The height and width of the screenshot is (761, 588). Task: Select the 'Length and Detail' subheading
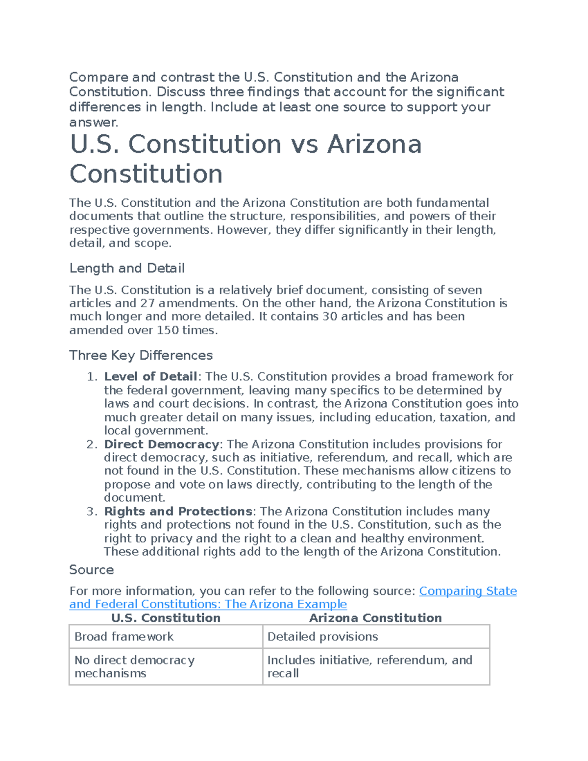tap(127, 268)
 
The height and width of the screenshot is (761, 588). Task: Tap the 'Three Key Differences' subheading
tap(141, 355)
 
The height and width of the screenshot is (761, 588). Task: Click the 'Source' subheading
tap(91, 569)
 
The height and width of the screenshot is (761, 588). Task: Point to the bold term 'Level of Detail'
tap(150, 377)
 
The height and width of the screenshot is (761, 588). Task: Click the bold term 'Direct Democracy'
tap(161, 444)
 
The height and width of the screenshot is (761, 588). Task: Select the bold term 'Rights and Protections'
tap(178, 512)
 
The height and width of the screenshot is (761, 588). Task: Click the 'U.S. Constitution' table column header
tap(166, 618)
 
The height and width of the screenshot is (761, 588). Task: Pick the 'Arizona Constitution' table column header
tap(375, 618)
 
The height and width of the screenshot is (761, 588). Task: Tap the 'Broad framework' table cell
tap(124, 637)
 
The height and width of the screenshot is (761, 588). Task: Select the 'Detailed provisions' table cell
tap(322, 637)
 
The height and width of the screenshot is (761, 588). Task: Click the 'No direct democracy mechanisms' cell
tap(134, 666)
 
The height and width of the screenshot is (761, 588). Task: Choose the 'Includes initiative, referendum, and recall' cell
tap(369, 666)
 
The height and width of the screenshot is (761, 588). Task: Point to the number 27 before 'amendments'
tap(147, 303)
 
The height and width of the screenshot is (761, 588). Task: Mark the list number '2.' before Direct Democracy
tap(92, 444)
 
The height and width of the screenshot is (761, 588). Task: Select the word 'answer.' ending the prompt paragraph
tap(94, 122)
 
